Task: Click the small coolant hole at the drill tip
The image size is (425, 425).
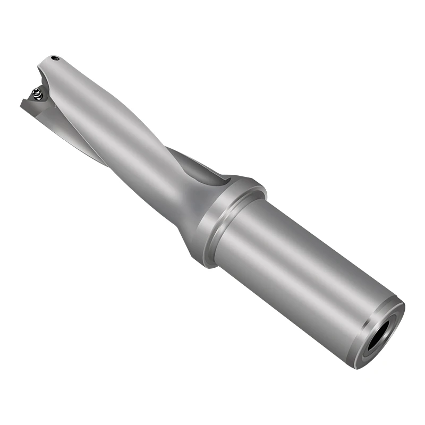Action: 55,57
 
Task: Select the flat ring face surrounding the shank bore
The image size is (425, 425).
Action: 372,351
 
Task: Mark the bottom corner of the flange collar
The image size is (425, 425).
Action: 205,263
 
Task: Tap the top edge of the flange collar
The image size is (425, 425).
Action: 250,178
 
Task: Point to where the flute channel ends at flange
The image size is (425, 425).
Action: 215,175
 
